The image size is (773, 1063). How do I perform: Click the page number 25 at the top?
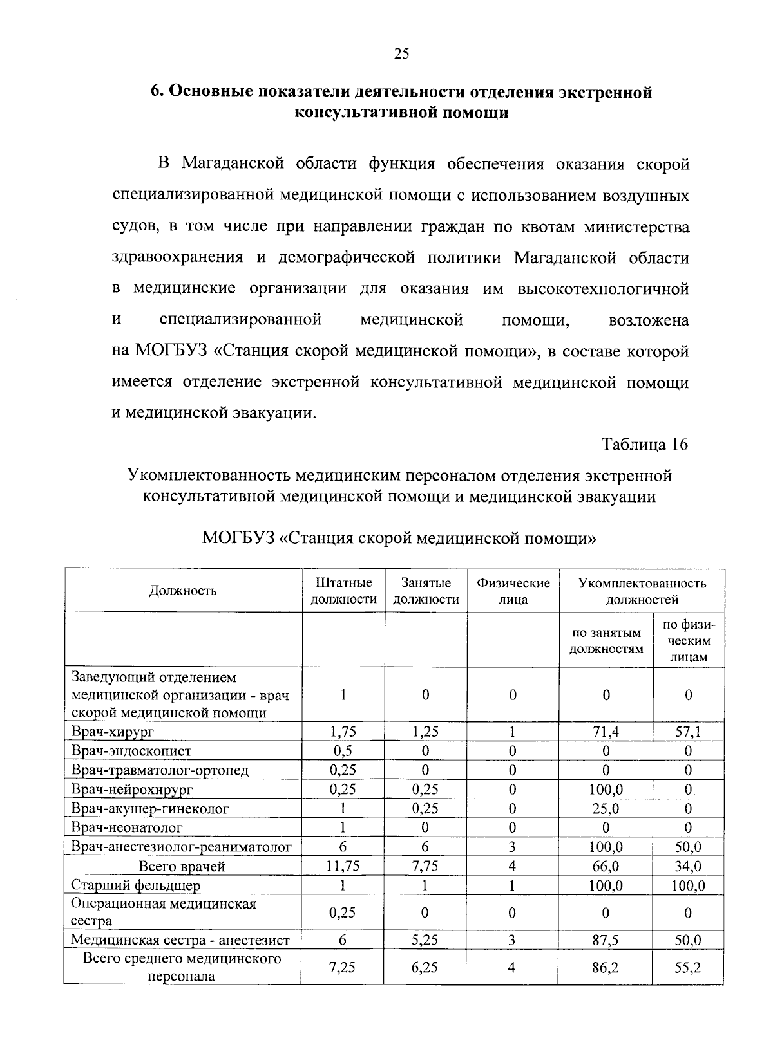point(401,54)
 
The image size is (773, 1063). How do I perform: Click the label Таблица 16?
point(645,444)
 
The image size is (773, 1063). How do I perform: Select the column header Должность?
point(184,591)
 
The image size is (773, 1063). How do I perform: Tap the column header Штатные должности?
point(344,591)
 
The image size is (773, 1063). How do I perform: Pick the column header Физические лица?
point(513,591)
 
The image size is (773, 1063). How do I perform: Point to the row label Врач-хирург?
point(113,732)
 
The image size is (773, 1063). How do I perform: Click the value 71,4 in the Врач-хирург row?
point(607,732)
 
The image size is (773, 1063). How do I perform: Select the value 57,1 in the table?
point(689,732)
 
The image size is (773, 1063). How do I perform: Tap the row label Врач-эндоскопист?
point(131,751)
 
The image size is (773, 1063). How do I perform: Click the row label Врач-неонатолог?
point(127,827)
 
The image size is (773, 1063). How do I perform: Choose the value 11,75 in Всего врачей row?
point(343,866)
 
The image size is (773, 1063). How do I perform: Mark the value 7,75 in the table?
point(425,866)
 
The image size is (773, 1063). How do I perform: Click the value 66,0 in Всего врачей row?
point(606,866)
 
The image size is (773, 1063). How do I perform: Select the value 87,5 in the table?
point(606,940)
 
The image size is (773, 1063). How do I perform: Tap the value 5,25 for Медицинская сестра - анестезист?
point(425,940)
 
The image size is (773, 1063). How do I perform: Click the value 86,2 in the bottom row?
point(606,967)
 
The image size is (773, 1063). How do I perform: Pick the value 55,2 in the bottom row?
point(688,967)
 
